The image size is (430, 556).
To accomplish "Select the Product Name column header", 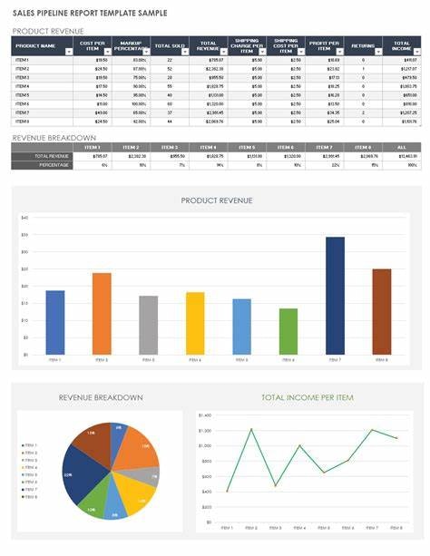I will [x=36, y=45].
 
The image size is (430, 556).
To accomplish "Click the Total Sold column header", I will [x=164, y=45].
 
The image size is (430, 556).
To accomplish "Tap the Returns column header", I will [x=363, y=45].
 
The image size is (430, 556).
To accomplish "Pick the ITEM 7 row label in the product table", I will [x=23, y=112].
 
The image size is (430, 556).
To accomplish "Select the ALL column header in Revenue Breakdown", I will [x=400, y=147].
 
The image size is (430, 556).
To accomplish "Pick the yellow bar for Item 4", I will [x=195, y=322].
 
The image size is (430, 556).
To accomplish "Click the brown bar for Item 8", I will [x=381, y=310].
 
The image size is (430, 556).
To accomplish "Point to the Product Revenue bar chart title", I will [x=217, y=201].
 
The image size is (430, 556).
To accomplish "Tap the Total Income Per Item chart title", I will [x=308, y=397].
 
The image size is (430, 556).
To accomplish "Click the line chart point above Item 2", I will [x=251, y=429].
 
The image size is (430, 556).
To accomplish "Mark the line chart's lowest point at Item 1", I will [x=227, y=491].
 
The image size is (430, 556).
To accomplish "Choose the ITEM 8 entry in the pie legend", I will [x=30, y=498].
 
